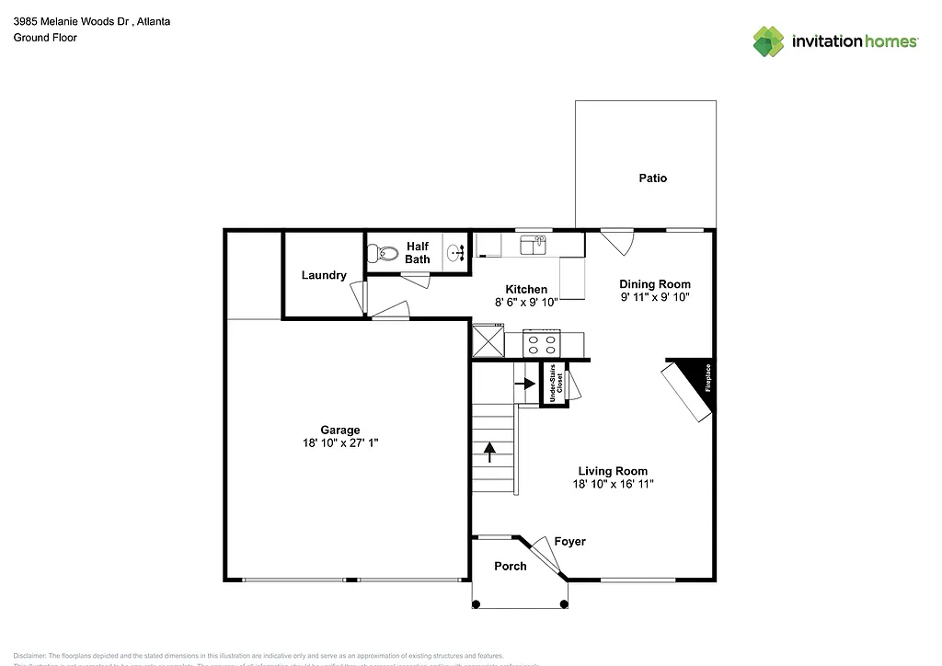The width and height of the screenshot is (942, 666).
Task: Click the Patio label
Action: (652, 178)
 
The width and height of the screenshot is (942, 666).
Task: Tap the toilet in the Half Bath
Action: (382, 251)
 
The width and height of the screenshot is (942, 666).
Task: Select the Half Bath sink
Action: (454, 252)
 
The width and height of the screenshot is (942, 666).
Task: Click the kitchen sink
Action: (533, 245)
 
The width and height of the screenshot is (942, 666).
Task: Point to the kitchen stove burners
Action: (542, 344)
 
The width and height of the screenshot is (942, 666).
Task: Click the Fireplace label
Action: (708, 378)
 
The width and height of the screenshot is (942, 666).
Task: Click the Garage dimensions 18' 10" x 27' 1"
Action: (339, 442)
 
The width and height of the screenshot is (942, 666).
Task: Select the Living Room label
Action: (612, 471)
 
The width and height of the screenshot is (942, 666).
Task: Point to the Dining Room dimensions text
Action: (654, 297)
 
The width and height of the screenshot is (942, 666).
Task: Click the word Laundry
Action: (324, 275)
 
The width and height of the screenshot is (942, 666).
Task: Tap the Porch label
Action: (511, 566)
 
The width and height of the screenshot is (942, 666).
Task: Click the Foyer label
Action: (569, 542)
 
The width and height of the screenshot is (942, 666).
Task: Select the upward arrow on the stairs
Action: (490, 451)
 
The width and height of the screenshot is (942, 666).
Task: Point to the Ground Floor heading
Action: (45, 38)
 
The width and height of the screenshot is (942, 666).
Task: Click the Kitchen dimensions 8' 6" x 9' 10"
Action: (525, 302)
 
